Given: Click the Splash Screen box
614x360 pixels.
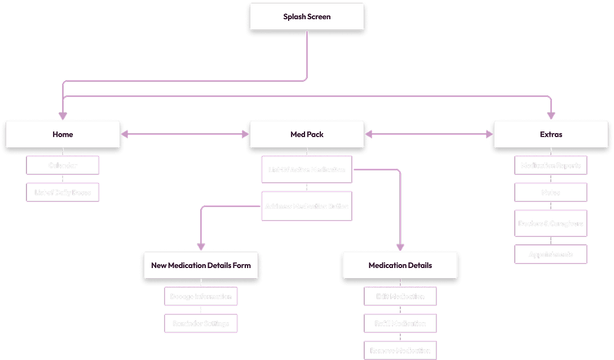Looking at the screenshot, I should (307, 16).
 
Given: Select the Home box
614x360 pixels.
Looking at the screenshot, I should (63, 134).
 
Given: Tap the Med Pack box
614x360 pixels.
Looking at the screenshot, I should (307, 134).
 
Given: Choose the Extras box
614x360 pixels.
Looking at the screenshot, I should (551, 134).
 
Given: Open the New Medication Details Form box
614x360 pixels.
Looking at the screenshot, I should (201, 265).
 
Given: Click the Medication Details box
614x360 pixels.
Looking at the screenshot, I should (400, 265).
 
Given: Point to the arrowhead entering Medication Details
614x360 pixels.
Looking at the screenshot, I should (400, 247).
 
